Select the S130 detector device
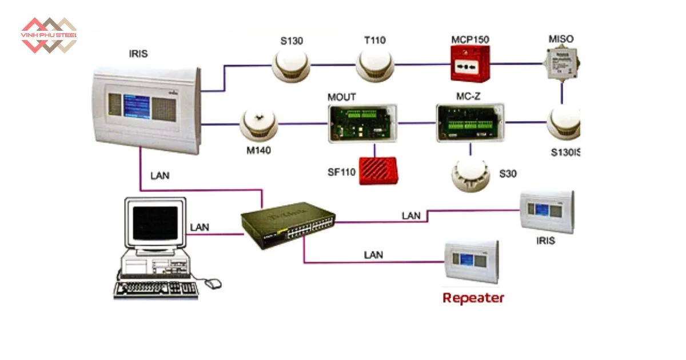(290, 65)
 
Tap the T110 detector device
(375, 65)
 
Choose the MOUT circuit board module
(362, 122)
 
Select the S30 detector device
(470, 175)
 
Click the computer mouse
(213, 282)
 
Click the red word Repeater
(473, 298)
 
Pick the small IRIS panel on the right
(547, 211)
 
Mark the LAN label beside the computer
(200, 227)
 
